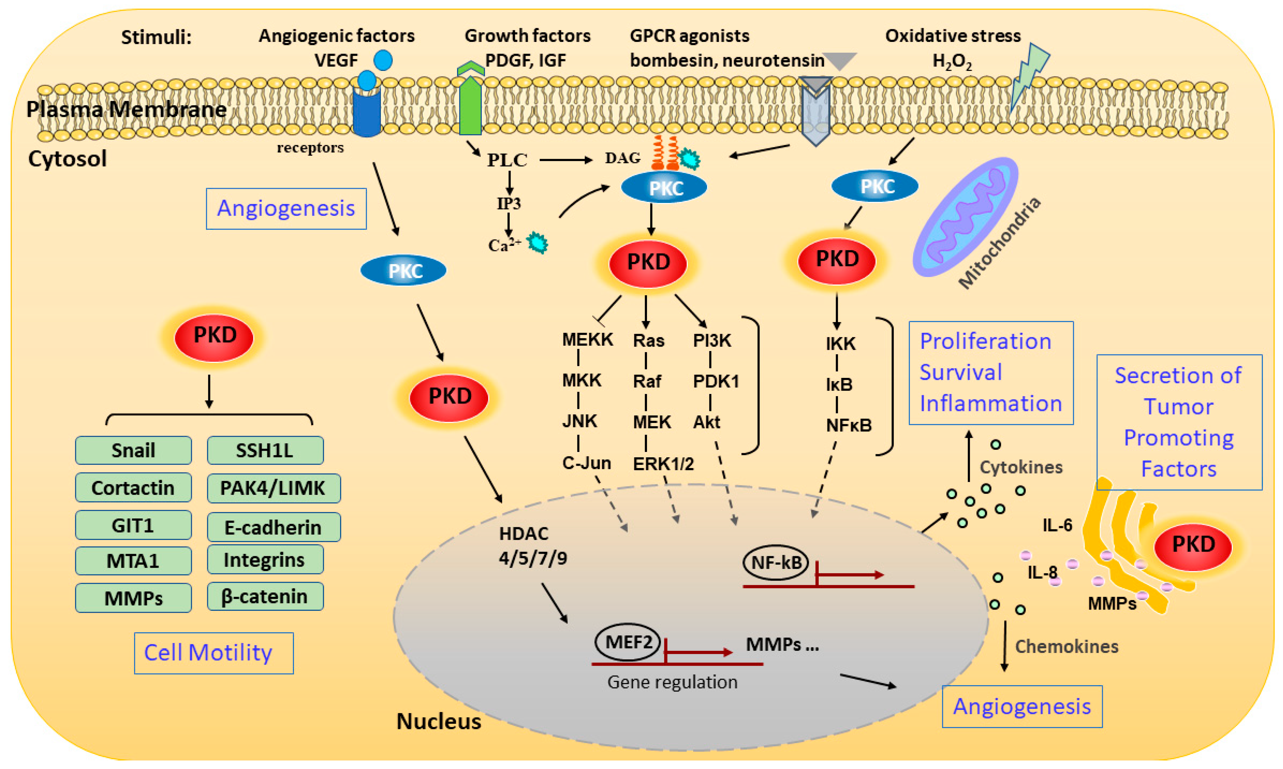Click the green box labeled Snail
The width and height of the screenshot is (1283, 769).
click(133, 450)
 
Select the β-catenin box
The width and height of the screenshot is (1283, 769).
click(265, 596)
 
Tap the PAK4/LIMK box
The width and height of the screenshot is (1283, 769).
click(273, 488)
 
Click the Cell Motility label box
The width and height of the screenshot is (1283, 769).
click(213, 653)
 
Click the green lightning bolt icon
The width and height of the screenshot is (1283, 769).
click(1028, 75)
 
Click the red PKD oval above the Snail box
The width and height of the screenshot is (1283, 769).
click(214, 337)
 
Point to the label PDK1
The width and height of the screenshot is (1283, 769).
click(716, 381)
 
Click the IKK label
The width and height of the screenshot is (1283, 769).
click(840, 343)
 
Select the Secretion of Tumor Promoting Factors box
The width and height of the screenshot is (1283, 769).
click(1179, 422)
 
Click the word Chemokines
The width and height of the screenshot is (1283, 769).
click(1066, 647)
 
